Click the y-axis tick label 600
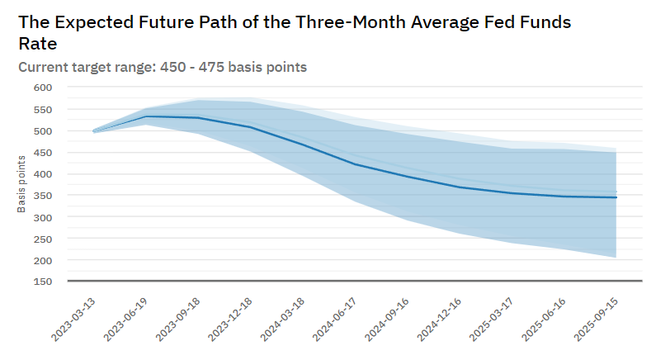(42, 88)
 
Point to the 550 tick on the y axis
(42, 109)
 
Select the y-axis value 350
(42, 196)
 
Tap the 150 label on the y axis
(42, 282)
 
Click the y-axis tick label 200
(42, 260)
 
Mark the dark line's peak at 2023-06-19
(146, 116)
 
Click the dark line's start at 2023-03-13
(93, 131)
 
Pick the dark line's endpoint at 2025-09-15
(616, 197)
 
